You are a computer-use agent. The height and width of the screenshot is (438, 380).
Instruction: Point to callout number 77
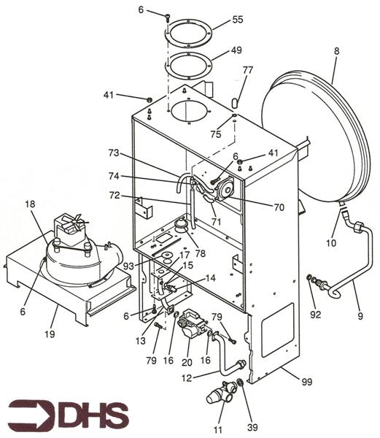247,71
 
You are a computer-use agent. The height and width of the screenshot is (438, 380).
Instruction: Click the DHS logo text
69,415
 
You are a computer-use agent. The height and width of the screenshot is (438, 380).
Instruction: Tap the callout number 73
113,154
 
